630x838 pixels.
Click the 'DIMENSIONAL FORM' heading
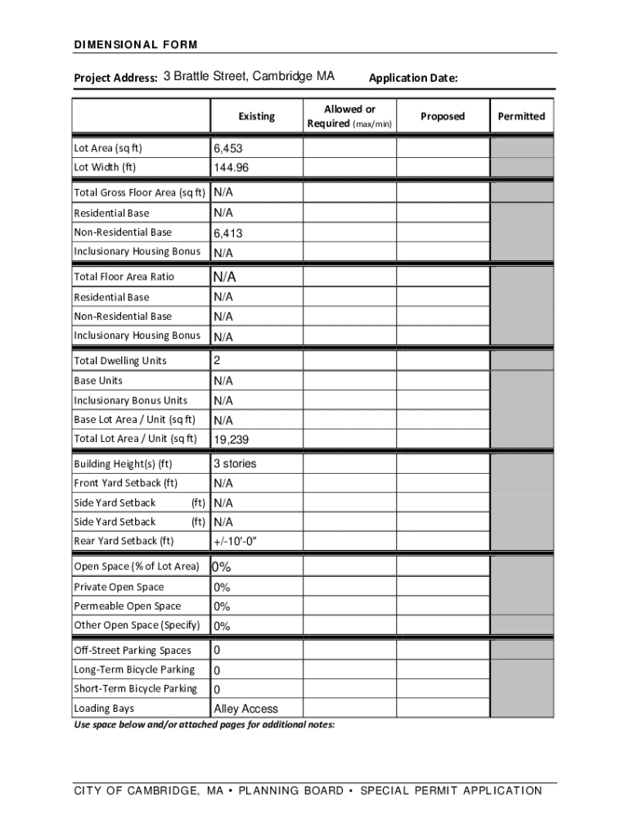(136, 44)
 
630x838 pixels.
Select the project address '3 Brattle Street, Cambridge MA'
(249, 77)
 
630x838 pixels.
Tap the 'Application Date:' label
(413, 79)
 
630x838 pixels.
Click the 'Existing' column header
(257, 116)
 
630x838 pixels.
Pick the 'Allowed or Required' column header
(349, 116)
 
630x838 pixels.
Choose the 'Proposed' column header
(443, 116)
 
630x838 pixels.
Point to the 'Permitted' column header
(521, 116)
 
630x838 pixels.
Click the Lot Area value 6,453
(228, 149)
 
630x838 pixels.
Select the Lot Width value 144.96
(232, 169)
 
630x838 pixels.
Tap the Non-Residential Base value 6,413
(228, 233)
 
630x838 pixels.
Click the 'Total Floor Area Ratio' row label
(124, 277)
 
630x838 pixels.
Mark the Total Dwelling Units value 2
(218, 361)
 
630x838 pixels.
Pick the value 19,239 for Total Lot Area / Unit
(232, 440)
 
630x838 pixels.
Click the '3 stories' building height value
(235, 464)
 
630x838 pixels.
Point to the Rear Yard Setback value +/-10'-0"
(240, 542)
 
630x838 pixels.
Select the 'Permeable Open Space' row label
(128, 606)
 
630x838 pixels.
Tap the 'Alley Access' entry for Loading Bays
(245, 710)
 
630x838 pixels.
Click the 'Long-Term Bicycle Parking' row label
(134, 669)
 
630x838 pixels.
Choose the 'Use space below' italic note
(204, 725)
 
